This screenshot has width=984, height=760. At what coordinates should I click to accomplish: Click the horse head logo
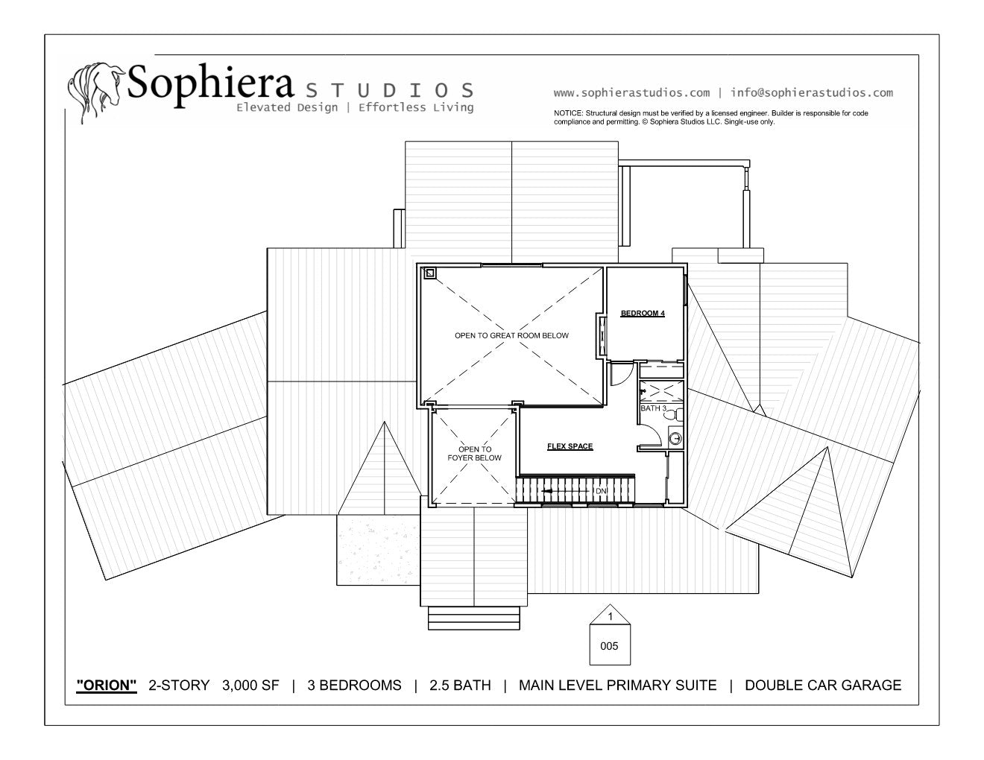click(96, 92)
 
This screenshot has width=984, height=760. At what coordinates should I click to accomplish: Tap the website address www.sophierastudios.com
click(631, 93)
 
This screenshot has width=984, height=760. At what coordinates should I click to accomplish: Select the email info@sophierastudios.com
click(812, 93)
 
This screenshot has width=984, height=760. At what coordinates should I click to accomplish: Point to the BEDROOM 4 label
click(643, 313)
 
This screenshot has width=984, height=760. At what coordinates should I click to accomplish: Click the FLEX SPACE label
click(570, 446)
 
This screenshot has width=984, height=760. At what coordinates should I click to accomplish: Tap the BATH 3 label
click(653, 408)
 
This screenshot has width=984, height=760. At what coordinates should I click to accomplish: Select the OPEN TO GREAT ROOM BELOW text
click(511, 335)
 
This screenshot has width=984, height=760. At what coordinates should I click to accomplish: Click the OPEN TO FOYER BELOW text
click(475, 454)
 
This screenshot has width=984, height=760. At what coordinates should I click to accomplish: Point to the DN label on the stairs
click(600, 491)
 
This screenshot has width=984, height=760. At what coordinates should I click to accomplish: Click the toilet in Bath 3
click(677, 414)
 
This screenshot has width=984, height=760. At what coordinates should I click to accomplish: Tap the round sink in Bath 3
click(675, 439)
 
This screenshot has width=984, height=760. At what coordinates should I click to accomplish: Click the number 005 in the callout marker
click(609, 646)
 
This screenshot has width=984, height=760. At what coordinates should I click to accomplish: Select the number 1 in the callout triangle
click(611, 616)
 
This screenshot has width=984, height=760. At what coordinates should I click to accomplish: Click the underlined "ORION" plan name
click(107, 685)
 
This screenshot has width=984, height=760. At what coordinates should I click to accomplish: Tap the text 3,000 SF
click(250, 685)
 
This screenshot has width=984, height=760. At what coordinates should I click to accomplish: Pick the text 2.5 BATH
click(460, 685)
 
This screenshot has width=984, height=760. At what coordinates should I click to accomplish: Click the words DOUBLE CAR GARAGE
click(823, 685)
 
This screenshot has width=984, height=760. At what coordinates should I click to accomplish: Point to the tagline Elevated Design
click(287, 108)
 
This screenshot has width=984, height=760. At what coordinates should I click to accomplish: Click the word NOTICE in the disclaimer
click(568, 113)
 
